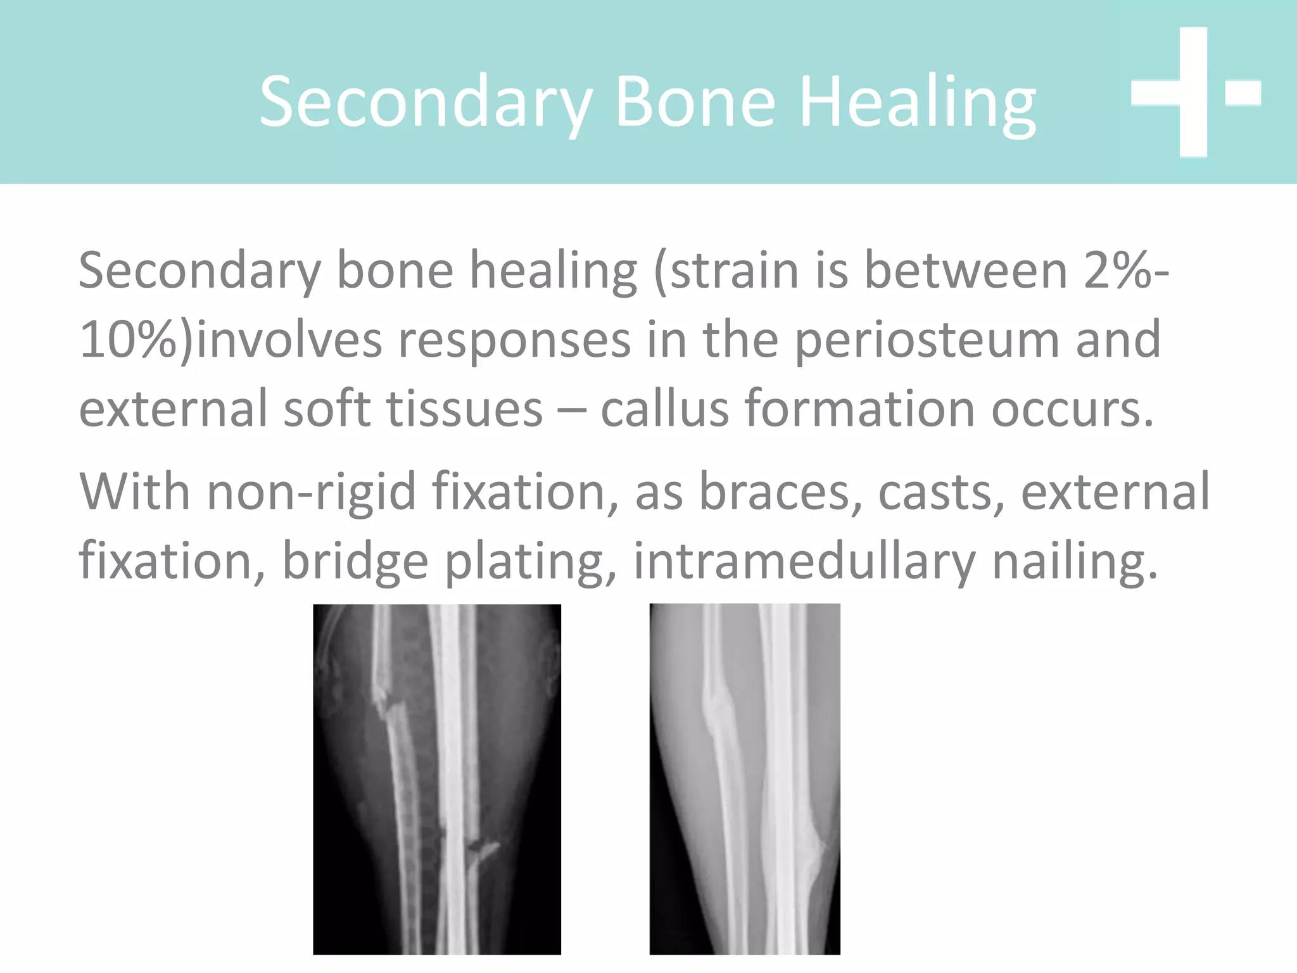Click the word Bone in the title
695,101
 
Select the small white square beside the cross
1243,92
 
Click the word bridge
355,561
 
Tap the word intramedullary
804,561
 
